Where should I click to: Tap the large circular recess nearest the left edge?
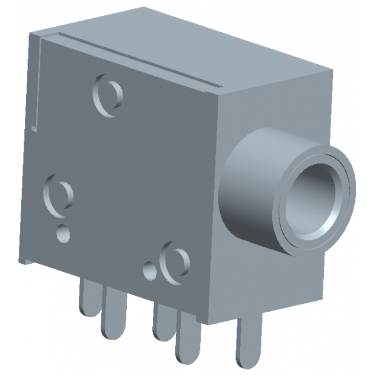(58, 195)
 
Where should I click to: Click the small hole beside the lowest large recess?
(149, 269)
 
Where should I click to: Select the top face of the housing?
(200, 49)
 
